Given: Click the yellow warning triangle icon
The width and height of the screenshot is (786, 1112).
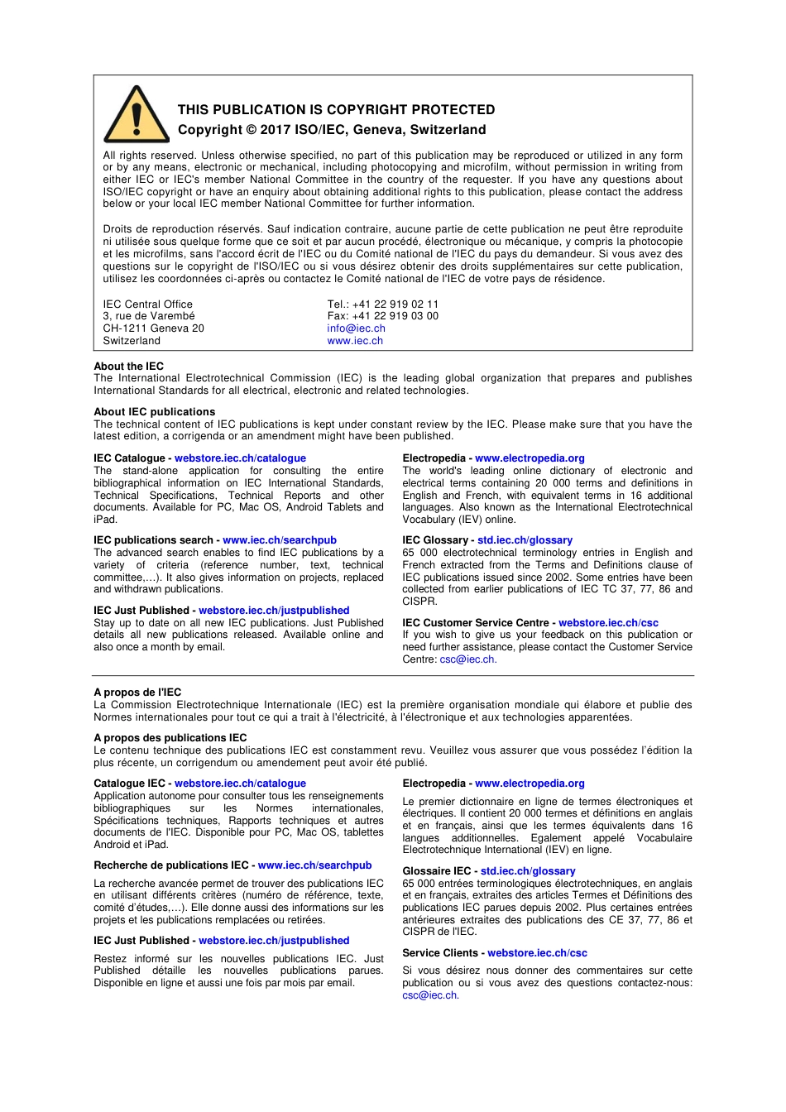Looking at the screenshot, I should coord(137,117).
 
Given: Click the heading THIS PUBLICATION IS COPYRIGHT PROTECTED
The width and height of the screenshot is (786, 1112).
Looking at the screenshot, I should coord(336,110).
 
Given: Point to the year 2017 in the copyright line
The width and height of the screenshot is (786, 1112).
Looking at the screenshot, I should coord(276,130).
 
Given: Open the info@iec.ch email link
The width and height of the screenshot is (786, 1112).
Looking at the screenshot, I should coord(356,328).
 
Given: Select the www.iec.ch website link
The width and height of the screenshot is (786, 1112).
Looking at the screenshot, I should coord(355,341).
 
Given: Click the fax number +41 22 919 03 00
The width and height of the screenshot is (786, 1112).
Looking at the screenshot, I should coord(395,316).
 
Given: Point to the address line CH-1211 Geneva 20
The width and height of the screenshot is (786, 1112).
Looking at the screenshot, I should coord(153,328).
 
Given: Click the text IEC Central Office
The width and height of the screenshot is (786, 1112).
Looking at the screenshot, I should coord(147,304).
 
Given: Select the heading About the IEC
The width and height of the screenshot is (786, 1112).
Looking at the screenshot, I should coord(128,367).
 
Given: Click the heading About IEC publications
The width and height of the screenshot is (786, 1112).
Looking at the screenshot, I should coord(154,412).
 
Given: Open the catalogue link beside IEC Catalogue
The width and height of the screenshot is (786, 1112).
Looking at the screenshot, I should coord(240,458).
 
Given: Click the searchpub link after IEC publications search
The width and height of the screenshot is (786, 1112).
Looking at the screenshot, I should coord(280,540).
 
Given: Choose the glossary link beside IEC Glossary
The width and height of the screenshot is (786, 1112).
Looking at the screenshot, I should coord(525,540).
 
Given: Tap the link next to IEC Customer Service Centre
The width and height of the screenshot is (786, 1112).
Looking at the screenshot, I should coord(608,623).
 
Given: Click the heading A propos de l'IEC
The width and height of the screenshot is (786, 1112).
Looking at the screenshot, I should coord(137,693).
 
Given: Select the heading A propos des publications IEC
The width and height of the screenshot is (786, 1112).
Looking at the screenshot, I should coord(170,738).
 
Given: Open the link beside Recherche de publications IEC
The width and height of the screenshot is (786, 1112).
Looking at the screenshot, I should coord(314,865).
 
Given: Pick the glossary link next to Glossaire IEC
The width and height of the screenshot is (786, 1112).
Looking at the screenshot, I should coord(528,871).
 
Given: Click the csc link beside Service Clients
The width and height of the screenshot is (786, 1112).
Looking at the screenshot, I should coord(537,953).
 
